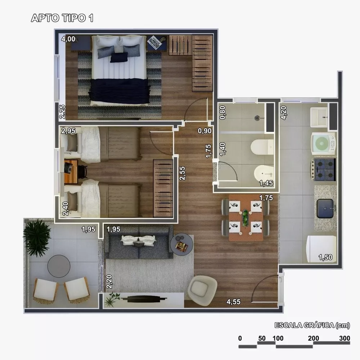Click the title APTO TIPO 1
click(x=62, y=18)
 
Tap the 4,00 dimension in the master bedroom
click(x=68, y=39)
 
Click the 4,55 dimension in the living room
click(x=234, y=301)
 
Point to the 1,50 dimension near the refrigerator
click(x=325, y=257)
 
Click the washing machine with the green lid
click(x=323, y=144)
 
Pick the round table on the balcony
click(x=59, y=266)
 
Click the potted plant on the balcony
click(x=37, y=238)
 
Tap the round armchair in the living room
click(x=203, y=288)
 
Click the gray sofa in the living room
click(x=138, y=243)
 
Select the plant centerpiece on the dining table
click(x=245, y=217)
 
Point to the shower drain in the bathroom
click(x=257, y=117)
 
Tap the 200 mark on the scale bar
click(x=314, y=338)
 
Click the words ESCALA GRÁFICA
click(x=304, y=326)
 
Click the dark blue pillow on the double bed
click(x=119, y=57)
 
